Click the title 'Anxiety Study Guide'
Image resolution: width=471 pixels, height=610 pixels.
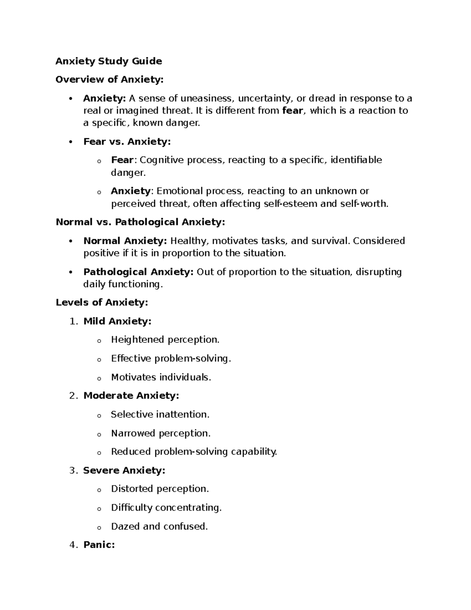click(x=109, y=61)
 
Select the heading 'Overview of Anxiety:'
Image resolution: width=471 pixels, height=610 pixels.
click(x=110, y=80)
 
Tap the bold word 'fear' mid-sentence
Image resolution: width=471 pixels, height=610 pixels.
click(x=292, y=111)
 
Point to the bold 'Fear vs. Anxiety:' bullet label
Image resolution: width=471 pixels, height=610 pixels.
click(x=127, y=141)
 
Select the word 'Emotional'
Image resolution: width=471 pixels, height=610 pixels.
click(x=179, y=191)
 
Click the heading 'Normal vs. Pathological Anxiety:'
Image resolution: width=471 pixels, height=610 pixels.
click(x=141, y=222)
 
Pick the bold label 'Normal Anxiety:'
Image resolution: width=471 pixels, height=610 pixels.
click(x=125, y=241)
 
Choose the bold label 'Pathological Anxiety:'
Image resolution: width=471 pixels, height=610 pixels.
click(x=139, y=272)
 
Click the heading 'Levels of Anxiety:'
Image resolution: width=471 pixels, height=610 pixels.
click(x=102, y=302)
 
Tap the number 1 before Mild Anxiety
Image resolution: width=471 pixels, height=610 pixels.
click(x=72, y=321)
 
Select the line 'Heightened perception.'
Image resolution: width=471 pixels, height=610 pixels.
click(x=165, y=340)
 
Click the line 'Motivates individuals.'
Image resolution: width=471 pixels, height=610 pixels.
click(x=161, y=377)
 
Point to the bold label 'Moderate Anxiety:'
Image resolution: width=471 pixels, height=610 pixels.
click(x=131, y=396)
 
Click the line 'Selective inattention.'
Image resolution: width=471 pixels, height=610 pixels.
click(x=160, y=414)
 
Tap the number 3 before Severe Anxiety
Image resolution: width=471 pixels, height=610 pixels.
click(x=72, y=471)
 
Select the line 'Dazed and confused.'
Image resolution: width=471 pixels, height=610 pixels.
click(x=159, y=526)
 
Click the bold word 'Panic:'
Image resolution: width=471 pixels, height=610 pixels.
click(x=99, y=545)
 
